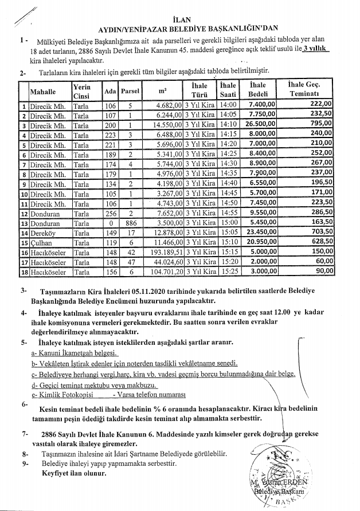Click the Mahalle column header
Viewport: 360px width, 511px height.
tap(42, 91)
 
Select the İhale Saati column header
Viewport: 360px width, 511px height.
tap(228, 91)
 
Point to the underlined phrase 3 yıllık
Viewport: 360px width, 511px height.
tap(315, 50)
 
